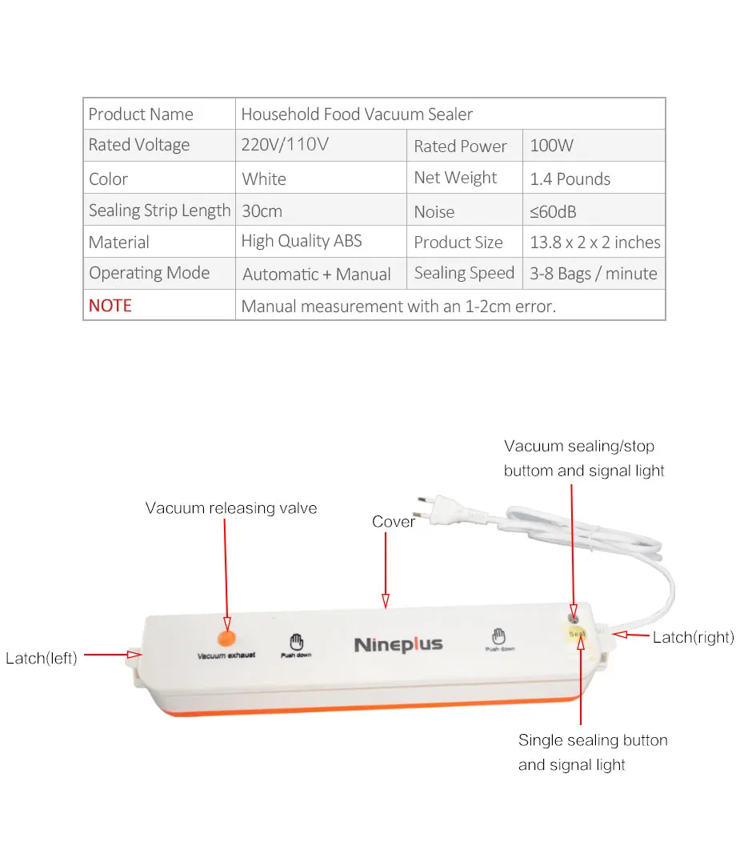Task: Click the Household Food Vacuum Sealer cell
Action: pyautogui.click(x=357, y=114)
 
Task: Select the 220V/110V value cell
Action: pyautogui.click(x=285, y=145)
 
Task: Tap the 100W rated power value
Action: pyautogui.click(x=552, y=146)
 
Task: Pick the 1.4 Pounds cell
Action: pyautogui.click(x=570, y=178)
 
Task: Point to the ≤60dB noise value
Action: pyautogui.click(x=553, y=211)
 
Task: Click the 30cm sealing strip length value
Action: pyautogui.click(x=262, y=211)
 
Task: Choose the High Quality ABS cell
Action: pyautogui.click(x=302, y=241)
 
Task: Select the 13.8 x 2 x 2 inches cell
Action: pyautogui.click(x=595, y=242)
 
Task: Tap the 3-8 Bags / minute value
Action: pyautogui.click(x=593, y=274)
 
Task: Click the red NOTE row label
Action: pyautogui.click(x=110, y=306)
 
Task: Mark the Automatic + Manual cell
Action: pyautogui.click(x=317, y=274)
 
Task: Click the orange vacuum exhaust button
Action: pyautogui.click(x=226, y=637)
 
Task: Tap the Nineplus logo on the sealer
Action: pyautogui.click(x=398, y=644)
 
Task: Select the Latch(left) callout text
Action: pyautogui.click(x=42, y=658)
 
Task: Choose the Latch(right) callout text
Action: pyautogui.click(x=693, y=637)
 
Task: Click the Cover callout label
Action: pyautogui.click(x=394, y=522)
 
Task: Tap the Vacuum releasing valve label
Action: pyautogui.click(x=231, y=508)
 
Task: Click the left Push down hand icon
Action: pyautogui.click(x=296, y=642)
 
